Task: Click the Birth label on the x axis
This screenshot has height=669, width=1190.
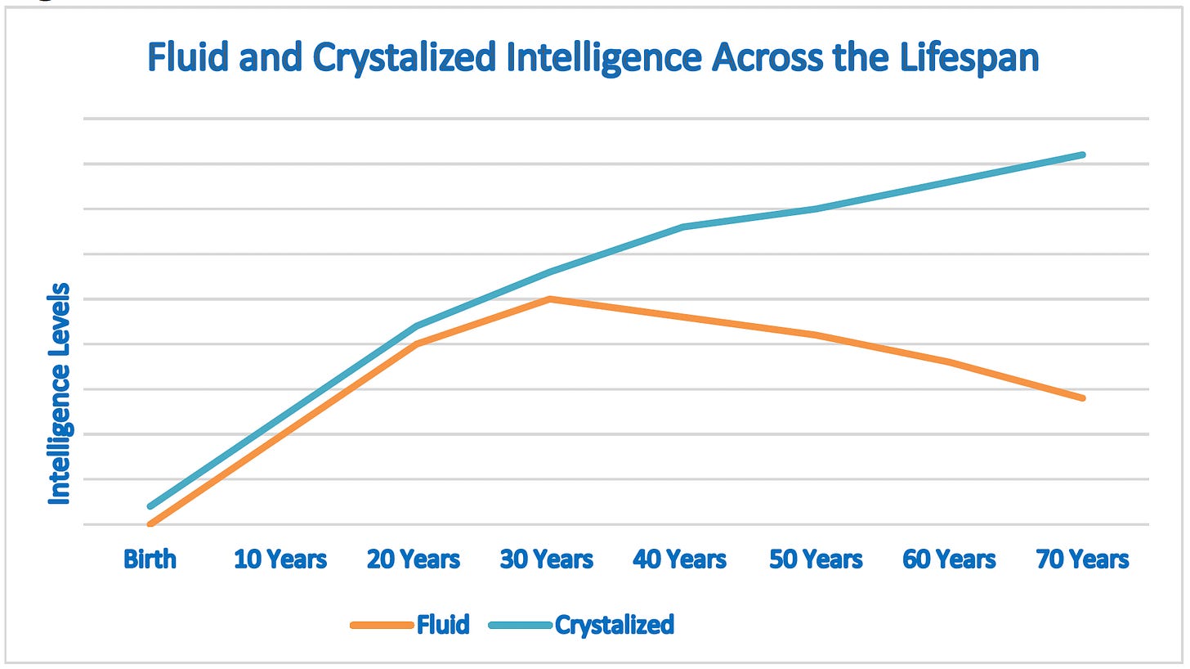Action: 150,559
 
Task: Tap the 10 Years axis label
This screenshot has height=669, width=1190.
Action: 280,559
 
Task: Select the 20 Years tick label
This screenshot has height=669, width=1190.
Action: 414,559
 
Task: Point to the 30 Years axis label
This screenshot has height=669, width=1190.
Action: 547,559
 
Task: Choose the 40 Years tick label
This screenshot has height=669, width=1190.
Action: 680,559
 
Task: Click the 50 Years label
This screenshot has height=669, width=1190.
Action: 816,559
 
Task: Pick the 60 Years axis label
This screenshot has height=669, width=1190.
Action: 949,559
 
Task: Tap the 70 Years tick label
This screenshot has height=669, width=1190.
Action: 1082,559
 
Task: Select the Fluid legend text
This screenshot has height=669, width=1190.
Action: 443,625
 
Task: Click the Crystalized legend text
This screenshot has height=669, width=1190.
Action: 615,625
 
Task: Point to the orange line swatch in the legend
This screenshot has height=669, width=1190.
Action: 382,626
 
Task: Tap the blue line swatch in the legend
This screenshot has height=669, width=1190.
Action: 520,626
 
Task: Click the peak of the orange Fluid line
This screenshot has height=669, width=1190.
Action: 550,299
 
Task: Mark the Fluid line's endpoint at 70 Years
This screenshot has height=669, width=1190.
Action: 1083,398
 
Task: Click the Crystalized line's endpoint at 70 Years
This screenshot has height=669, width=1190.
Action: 1083,155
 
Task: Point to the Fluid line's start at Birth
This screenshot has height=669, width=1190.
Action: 150,523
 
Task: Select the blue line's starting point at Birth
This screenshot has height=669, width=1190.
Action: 150,506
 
